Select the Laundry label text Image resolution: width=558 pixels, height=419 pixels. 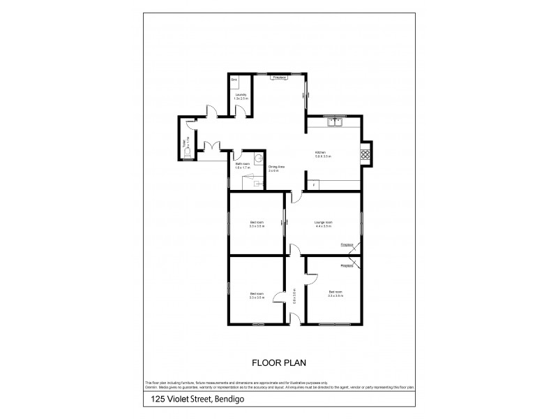point(240,94)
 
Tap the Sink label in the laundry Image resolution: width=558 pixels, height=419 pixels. point(234,81)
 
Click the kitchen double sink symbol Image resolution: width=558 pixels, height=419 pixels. point(336,123)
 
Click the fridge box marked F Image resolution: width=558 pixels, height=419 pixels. point(313,184)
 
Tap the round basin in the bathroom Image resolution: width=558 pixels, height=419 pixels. point(259,159)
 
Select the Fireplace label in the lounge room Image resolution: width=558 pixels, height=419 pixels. point(347,245)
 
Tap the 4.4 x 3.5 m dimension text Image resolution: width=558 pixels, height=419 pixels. point(323,227)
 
